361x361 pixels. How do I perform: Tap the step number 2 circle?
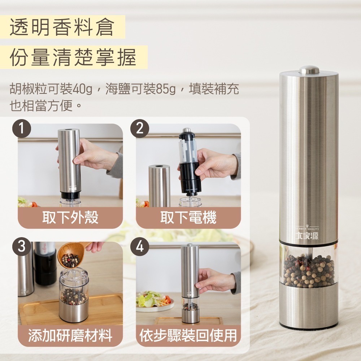[140, 129]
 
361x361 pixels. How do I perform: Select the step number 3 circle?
[22, 247]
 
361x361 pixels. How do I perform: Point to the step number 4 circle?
[140, 247]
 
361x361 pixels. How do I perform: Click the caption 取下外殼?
[70, 218]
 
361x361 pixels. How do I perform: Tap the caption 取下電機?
[188, 218]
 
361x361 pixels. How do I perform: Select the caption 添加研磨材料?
[70, 336]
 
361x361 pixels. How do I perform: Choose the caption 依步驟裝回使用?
[188, 336]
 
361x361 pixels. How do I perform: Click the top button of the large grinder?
[309, 69]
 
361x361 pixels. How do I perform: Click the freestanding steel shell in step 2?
[159, 186]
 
